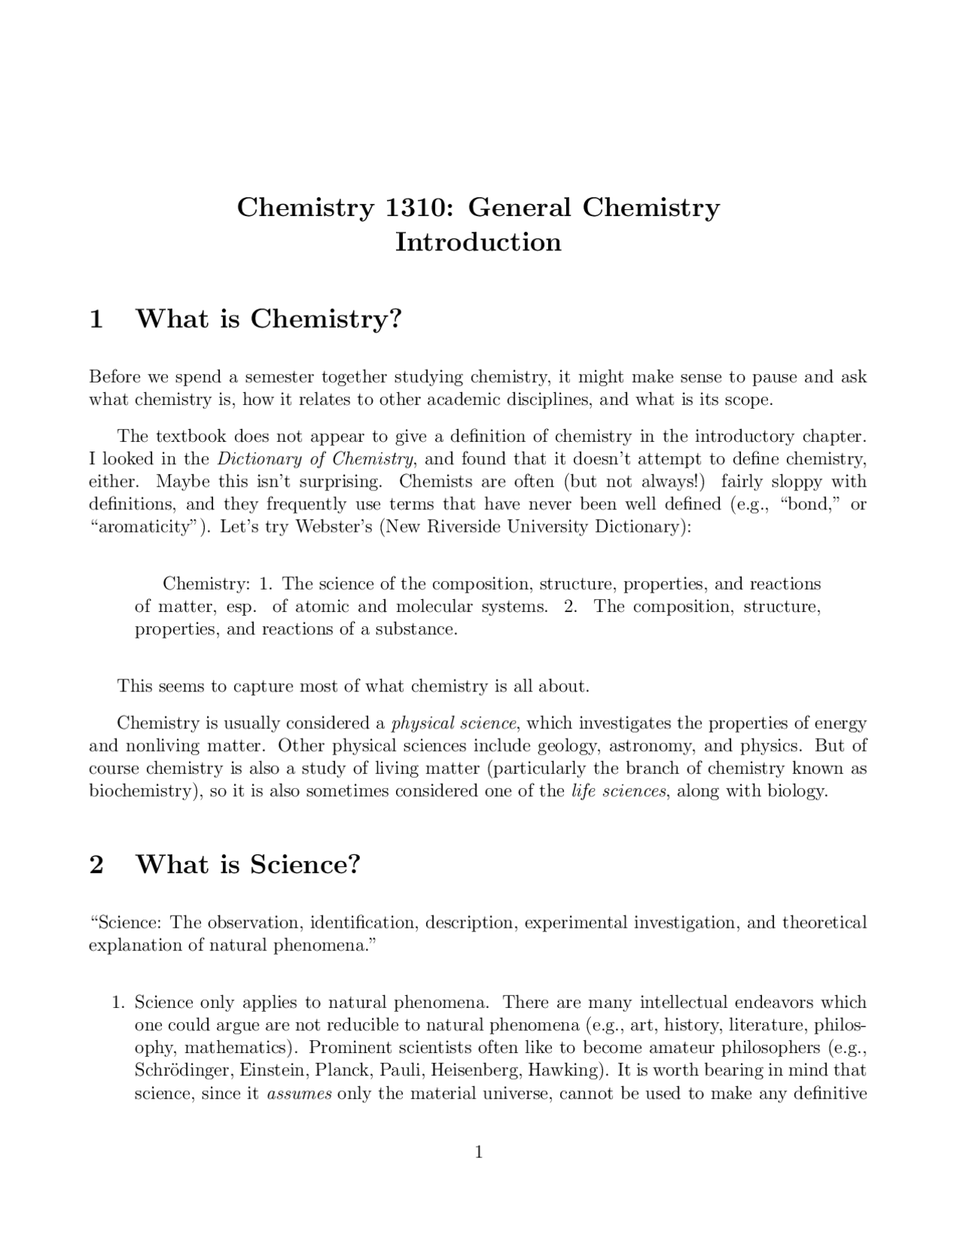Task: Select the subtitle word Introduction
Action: (478, 242)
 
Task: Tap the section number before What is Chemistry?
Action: (96, 319)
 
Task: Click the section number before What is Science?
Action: (96, 865)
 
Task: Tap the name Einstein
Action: (273, 1070)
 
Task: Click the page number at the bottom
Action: (479, 1152)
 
